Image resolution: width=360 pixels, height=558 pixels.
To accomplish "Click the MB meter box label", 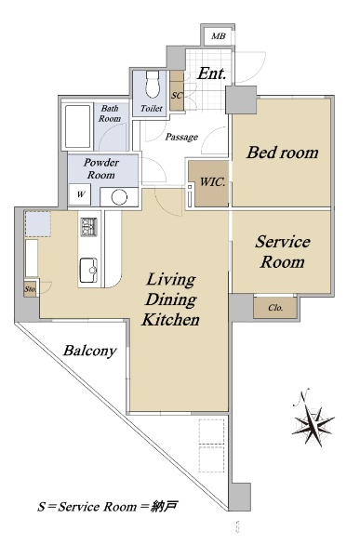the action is click(219, 36).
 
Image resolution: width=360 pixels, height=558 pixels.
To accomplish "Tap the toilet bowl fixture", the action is click(153, 84).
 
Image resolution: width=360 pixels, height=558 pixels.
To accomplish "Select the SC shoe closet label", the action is click(177, 96).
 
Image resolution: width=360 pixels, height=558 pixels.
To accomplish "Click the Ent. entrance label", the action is click(211, 73).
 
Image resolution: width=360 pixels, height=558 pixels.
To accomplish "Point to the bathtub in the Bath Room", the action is click(77, 126).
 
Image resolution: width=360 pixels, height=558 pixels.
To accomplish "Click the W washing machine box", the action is click(81, 194).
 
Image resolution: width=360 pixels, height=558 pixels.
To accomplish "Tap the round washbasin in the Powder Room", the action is click(119, 197).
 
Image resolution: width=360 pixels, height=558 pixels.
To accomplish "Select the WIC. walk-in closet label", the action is click(212, 182).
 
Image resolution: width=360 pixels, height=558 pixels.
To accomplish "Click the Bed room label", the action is click(283, 153).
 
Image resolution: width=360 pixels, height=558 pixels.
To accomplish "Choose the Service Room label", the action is click(283, 252).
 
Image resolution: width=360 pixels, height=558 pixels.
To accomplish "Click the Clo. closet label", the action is click(275, 308).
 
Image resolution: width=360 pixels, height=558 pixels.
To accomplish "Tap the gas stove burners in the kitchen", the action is click(88, 227).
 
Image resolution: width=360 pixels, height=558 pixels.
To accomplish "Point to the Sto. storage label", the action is click(31, 289).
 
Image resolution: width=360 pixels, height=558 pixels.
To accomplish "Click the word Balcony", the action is click(89, 351).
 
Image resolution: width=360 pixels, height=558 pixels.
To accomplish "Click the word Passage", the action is click(181, 137).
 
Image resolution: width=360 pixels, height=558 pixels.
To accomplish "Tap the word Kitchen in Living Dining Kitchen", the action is click(170, 319).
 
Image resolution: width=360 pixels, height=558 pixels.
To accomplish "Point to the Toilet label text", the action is click(152, 108).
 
